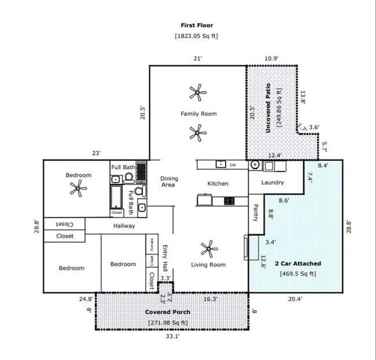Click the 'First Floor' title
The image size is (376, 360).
point(197,25)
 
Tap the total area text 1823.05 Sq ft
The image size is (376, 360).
point(197,36)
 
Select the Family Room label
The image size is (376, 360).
point(198,114)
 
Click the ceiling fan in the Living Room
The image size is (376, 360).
point(209,249)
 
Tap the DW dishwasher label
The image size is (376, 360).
point(233,165)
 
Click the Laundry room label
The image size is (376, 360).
point(272,183)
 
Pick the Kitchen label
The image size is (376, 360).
point(218,184)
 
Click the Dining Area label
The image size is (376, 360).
point(168,181)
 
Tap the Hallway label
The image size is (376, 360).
point(124,226)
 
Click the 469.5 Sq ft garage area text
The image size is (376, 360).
point(298,274)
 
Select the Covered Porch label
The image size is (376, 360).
point(167,312)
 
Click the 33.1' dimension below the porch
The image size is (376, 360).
point(172,336)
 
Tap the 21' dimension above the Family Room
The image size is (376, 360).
point(197,58)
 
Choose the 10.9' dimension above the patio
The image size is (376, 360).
point(271,58)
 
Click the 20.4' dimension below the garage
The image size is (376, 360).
point(296,299)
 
